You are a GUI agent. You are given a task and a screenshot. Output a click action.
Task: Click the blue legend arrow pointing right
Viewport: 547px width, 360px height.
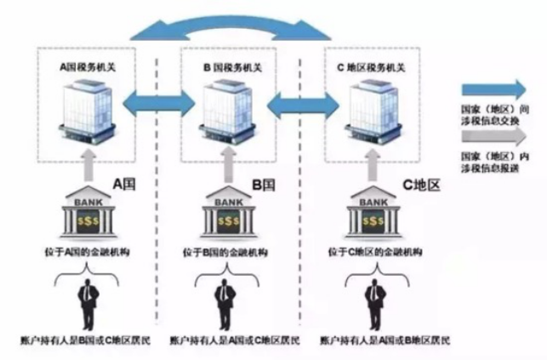pyautogui.click(x=494, y=89)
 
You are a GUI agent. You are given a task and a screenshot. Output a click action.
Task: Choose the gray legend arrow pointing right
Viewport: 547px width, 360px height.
pyautogui.click(x=494, y=134)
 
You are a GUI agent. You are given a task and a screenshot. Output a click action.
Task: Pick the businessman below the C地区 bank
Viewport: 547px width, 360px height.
pyautogui.click(x=373, y=299)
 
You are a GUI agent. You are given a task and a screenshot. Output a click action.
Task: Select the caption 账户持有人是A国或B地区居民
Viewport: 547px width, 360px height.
pyautogui.click(x=385, y=341)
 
